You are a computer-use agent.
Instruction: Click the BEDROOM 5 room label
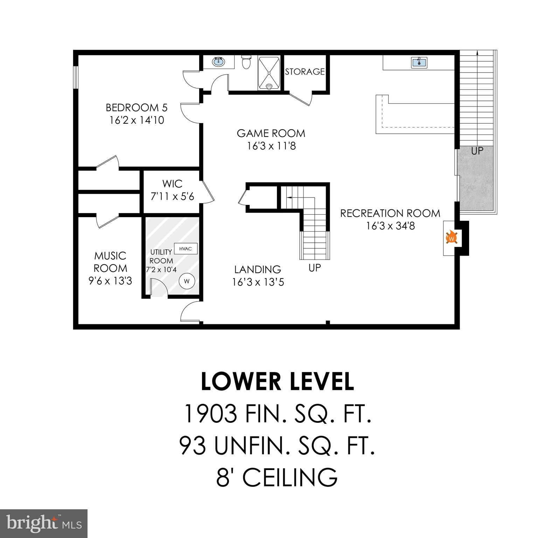137,107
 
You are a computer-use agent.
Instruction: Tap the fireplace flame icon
452,238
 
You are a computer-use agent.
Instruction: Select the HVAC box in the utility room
186,249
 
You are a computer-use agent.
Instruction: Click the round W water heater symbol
187,281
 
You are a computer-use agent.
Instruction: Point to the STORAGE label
305,71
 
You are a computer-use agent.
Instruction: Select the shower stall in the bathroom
269,74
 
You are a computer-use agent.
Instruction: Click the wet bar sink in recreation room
419,63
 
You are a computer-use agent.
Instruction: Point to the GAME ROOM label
271,133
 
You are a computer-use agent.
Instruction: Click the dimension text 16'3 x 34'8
390,226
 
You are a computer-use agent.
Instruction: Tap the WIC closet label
172,184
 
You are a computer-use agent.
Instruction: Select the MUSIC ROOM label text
110,262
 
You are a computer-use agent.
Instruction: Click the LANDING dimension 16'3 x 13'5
258,282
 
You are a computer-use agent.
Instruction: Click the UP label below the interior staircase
314,268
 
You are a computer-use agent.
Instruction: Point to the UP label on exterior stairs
477,151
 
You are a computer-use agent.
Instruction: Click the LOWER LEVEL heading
277,381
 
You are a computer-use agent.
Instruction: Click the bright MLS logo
44,523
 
